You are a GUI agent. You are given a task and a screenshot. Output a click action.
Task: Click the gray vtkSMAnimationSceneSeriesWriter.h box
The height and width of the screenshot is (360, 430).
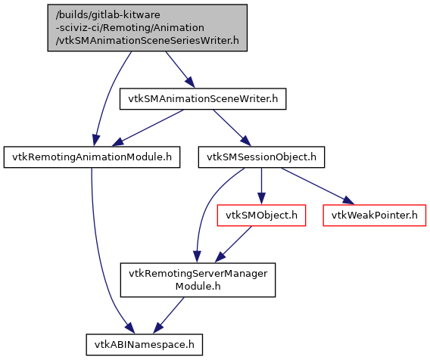[x=148, y=28]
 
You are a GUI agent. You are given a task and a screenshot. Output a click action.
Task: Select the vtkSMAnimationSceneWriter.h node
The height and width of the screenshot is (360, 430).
[x=203, y=99]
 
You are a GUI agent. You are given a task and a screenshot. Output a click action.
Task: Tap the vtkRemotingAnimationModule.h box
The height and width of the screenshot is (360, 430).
[x=92, y=157]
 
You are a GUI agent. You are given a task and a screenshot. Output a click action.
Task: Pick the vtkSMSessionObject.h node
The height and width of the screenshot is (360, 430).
[x=261, y=157]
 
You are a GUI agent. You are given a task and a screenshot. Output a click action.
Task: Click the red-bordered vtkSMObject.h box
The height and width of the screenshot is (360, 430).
[x=261, y=216]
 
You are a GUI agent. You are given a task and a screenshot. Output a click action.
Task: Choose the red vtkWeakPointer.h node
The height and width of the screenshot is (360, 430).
[x=374, y=216]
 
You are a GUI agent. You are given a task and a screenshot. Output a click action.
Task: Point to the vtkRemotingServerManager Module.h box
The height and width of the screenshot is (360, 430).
[x=198, y=280]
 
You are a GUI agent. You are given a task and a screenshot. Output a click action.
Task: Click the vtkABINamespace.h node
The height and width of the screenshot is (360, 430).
[x=145, y=345]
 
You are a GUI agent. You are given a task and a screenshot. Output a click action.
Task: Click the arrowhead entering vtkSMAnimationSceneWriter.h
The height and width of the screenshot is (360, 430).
[x=190, y=82]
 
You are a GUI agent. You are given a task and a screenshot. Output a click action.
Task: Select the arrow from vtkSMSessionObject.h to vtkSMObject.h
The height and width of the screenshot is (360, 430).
[x=261, y=186]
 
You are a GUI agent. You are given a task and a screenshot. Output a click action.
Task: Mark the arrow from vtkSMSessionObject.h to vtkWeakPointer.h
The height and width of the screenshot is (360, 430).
[x=317, y=186]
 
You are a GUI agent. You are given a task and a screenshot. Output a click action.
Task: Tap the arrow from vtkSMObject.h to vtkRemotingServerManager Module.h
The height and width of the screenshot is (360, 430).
[x=233, y=244]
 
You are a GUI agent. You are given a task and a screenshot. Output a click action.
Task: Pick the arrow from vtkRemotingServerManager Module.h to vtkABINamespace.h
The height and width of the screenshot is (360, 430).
[x=169, y=315]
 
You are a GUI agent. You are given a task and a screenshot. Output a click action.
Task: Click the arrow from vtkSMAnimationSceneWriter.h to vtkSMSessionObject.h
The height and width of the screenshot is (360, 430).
[x=232, y=128]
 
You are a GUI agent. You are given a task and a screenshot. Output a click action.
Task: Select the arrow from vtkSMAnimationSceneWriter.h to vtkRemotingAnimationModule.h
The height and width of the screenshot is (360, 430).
[x=148, y=128]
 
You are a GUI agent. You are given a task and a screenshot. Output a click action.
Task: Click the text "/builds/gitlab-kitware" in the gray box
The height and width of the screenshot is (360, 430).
[x=108, y=15]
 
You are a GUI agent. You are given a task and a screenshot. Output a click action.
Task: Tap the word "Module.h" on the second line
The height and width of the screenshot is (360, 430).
[x=198, y=287]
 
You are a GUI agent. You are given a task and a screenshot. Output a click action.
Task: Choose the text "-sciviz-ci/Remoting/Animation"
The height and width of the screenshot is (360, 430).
[x=130, y=28]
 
